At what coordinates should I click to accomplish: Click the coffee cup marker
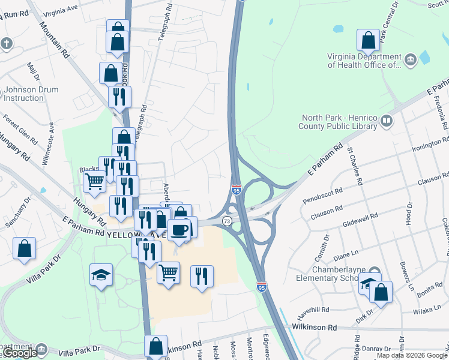pyautogui.click(x=179, y=229)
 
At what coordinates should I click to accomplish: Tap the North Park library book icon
pyautogui.click(x=386, y=122)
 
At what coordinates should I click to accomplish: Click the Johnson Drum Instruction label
pyautogui.click(x=31, y=94)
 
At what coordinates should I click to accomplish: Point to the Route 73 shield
pyautogui.click(x=226, y=221)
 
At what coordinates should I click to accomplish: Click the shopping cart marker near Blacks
pyautogui.click(x=94, y=181)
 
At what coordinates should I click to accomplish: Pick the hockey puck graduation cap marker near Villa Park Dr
pyautogui.click(x=101, y=275)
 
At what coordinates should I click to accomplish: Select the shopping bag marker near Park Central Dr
pyautogui.click(x=368, y=40)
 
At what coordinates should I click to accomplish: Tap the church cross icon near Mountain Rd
pyautogui.click(x=7, y=43)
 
